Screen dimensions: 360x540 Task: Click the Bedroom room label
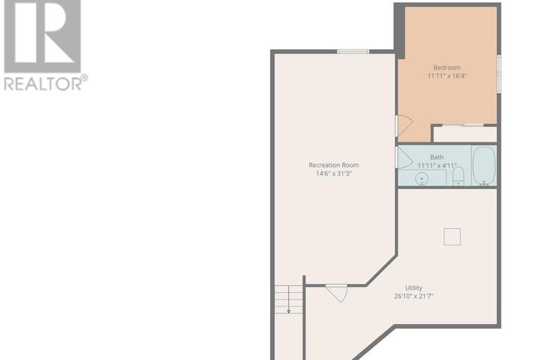tap(448, 68)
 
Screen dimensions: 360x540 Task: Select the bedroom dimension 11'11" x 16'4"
tap(448, 75)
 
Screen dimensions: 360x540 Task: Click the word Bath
tap(437, 157)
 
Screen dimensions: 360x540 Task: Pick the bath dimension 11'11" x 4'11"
tap(437, 166)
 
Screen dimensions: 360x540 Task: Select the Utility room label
tap(413, 287)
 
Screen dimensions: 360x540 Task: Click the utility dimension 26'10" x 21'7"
tap(413, 296)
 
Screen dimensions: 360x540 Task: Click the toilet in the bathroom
tap(458, 175)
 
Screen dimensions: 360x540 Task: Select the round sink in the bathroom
tap(422, 179)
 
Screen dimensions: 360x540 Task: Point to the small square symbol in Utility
tap(452, 237)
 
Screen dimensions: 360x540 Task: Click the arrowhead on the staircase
tap(289, 311)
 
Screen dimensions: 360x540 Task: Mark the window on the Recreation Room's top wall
tap(353, 51)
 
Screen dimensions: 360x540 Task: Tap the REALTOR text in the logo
tap(42, 83)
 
